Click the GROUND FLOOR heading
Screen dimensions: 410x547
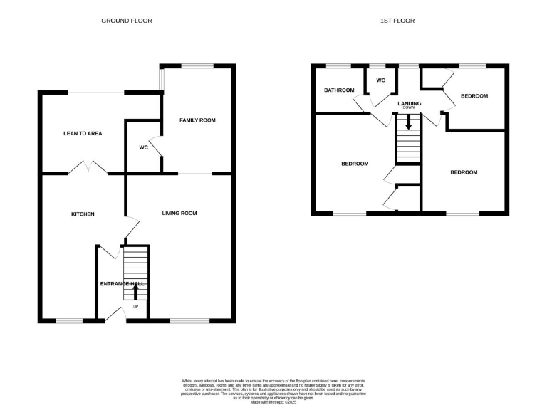[x=127, y=21]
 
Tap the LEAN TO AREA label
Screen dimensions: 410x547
[x=83, y=133]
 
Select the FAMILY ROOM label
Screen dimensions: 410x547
[x=197, y=120]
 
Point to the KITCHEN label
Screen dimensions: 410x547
[x=83, y=214]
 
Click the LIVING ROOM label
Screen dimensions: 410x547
[x=179, y=213]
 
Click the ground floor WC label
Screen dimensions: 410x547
[x=142, y=147]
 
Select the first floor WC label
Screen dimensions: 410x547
[x=380, y=80]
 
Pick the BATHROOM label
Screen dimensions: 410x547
[x=339, y=90]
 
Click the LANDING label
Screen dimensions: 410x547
[x=409, y=104]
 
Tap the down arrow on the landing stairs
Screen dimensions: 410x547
[x=408, y=122]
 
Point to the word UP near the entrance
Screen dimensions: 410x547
[x=135, y=307]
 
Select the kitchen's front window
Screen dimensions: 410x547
[x=69, y=321]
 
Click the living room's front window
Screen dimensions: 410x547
[x=189, y=321]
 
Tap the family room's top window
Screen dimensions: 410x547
[x=197, y=66]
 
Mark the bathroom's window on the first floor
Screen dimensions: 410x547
[x=339, y=66]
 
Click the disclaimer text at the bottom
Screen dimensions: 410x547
[x=273, y=391]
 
